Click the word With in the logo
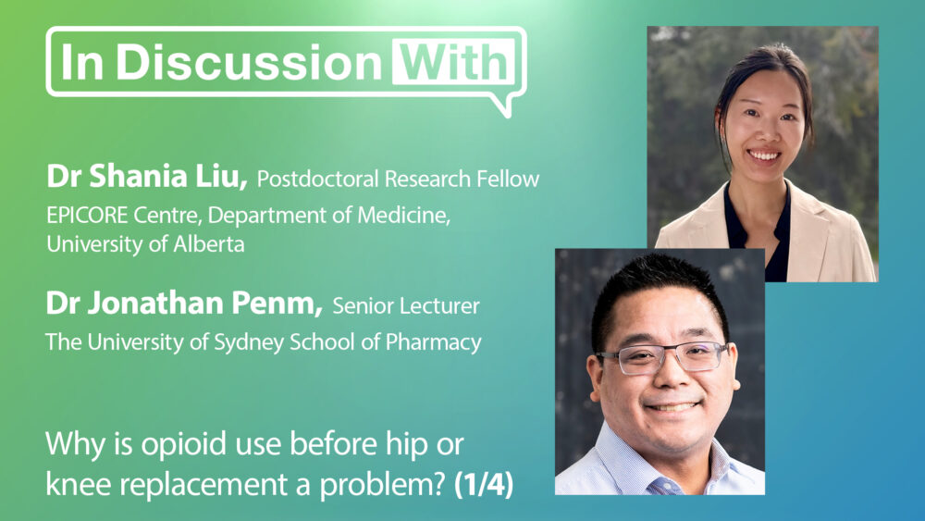point(453,62)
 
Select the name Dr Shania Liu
point(146,176)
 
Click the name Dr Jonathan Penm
point(183,304)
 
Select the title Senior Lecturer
point(406,305)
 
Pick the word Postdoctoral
point(317,179)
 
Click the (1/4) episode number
point(485,485)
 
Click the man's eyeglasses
point(663,357)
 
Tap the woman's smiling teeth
point(763,156)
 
